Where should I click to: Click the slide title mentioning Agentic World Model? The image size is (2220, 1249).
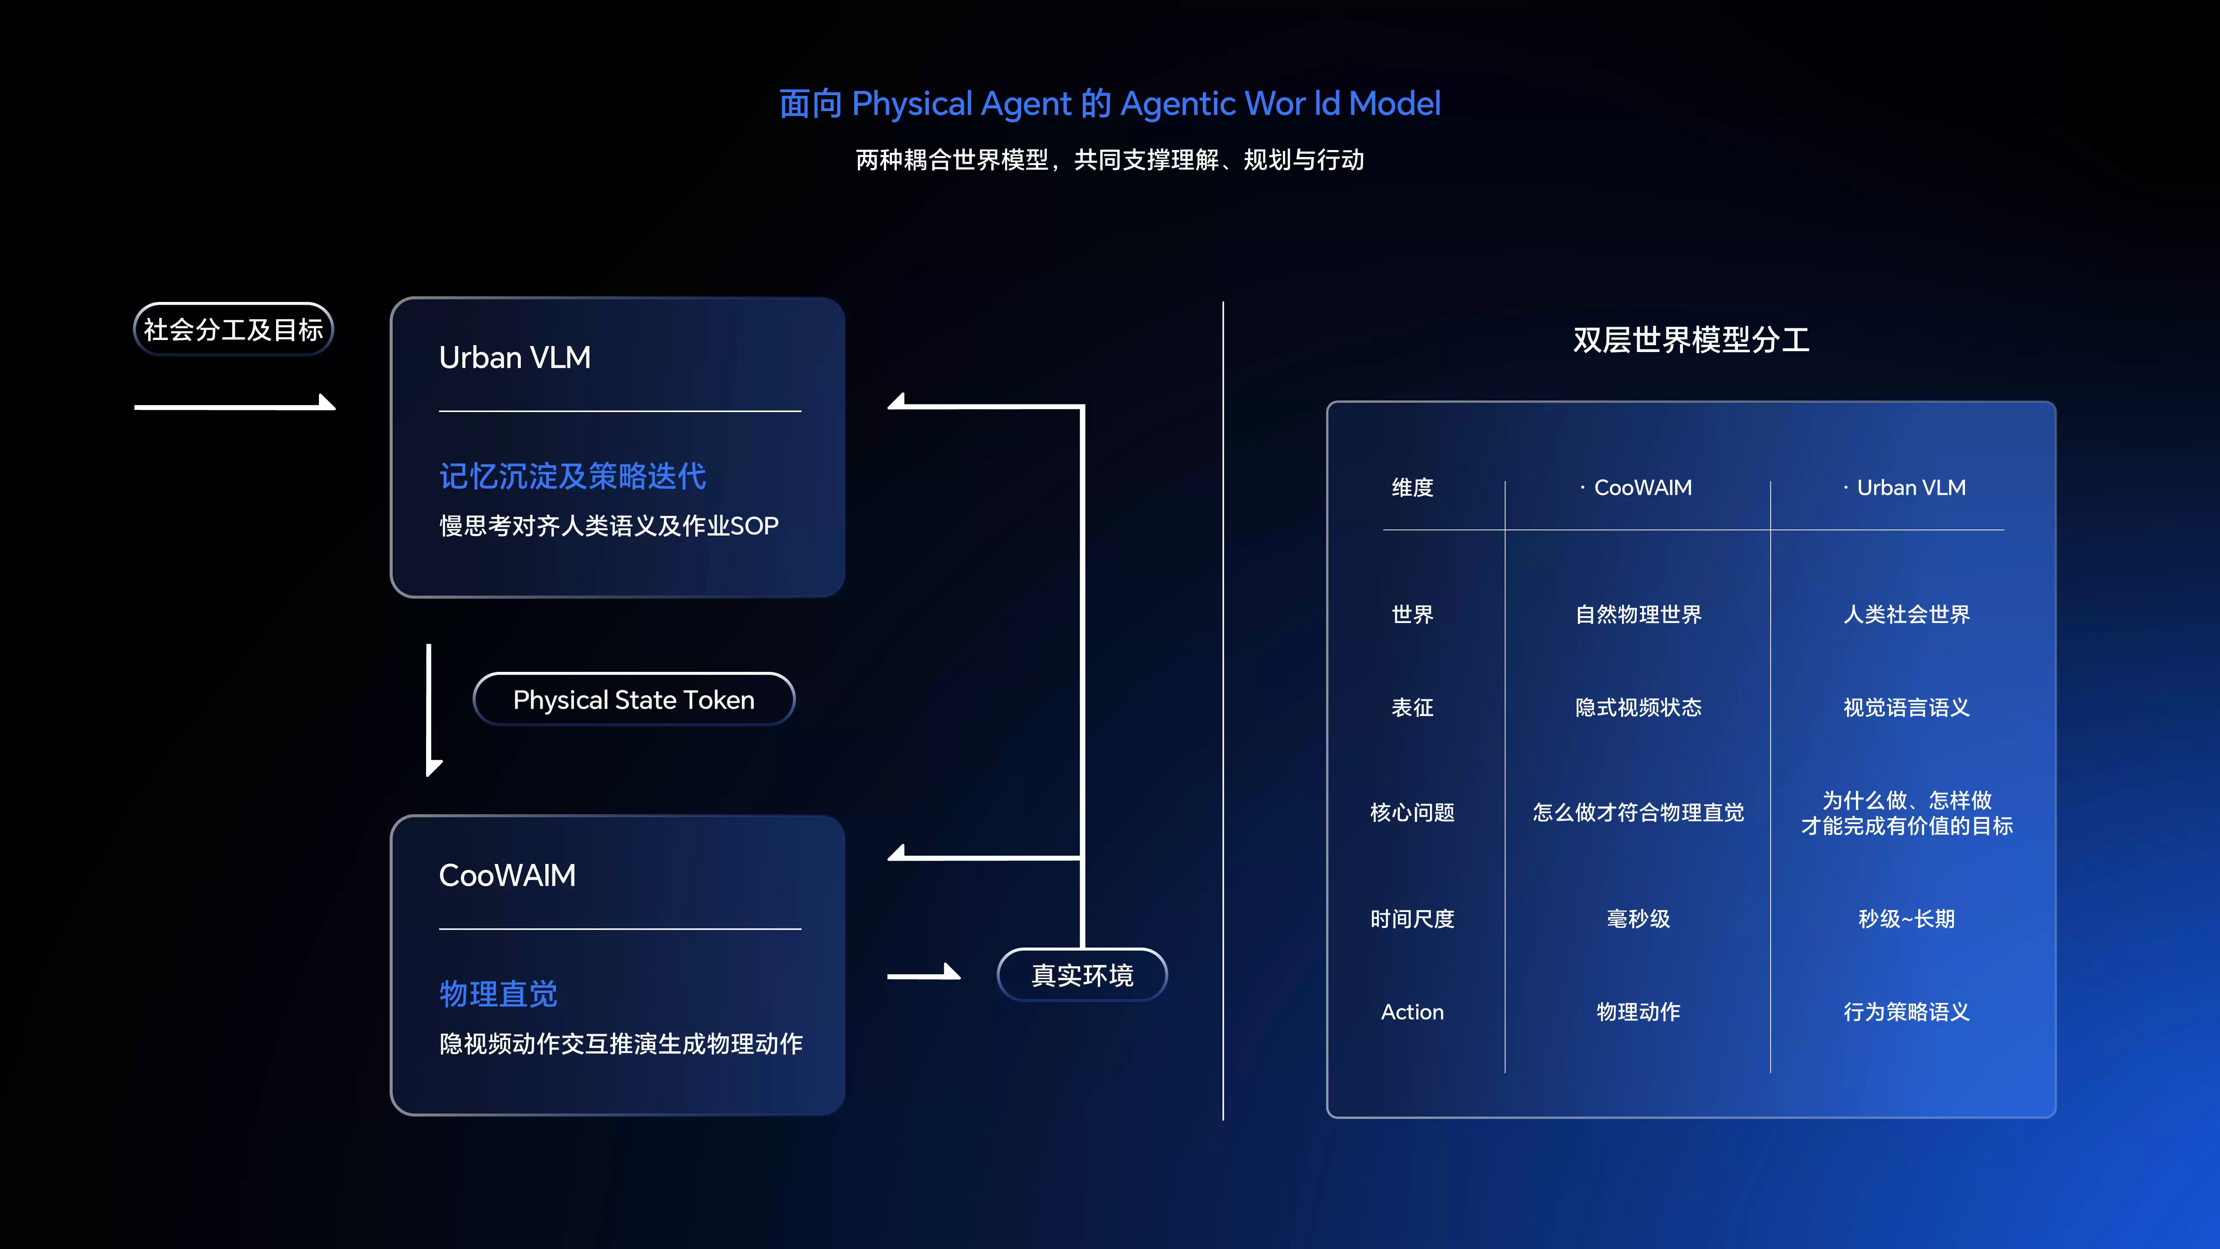1110,103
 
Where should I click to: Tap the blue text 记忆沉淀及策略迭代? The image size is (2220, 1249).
572,476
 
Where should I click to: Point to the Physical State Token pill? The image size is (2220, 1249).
634,699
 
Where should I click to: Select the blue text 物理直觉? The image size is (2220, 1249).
498,994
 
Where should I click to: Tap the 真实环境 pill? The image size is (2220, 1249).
1082,975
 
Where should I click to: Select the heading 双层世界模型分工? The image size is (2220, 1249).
1691,340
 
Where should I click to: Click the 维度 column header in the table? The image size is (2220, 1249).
1412,488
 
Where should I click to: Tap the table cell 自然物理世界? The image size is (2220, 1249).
1638,614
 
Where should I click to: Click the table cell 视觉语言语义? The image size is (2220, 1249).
1906,707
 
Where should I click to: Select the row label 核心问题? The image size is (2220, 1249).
1412,813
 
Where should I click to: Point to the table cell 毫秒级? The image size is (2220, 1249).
1638,919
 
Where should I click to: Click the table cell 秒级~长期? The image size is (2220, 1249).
1906,919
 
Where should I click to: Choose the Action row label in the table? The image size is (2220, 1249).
1412,1012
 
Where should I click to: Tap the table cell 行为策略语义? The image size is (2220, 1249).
1906,1012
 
